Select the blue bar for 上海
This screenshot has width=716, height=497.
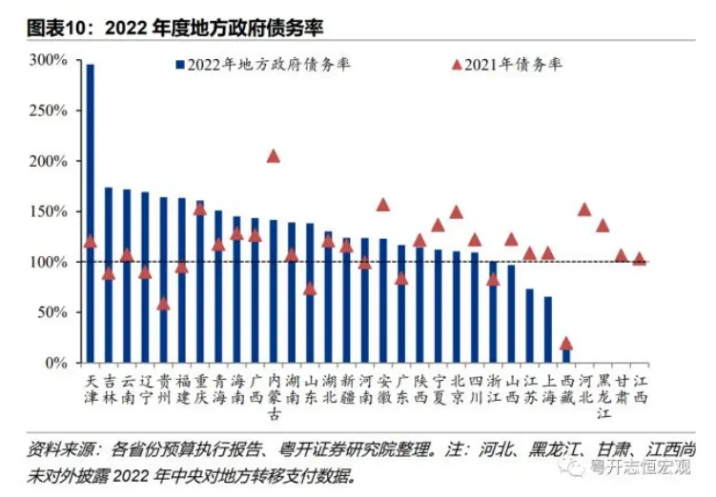coord(548,329)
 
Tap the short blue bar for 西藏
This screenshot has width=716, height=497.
coord(566,355)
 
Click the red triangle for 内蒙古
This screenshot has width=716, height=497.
coord(274,156)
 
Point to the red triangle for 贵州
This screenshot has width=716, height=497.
coord(163,304)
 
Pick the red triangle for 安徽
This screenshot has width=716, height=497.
coord(383,205)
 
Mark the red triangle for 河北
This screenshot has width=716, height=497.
coord(584,209)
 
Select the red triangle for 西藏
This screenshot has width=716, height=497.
coord(566,344)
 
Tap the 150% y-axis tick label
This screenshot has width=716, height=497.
coord(48,211)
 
